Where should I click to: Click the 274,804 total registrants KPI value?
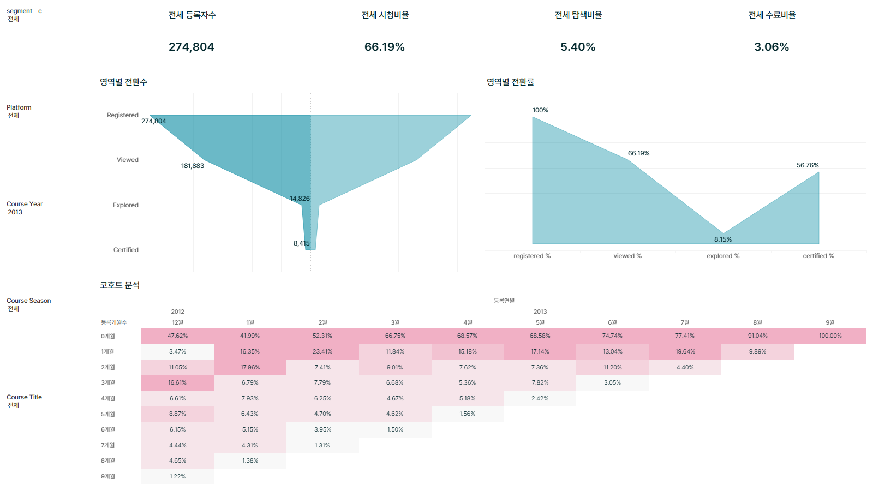[x=191, y=47]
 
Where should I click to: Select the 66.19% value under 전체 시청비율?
[x=384, y=47]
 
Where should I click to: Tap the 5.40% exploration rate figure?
[x=578, y=47]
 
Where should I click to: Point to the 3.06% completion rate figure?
[x=772, y=47]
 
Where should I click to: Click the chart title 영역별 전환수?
[x=123, y=82]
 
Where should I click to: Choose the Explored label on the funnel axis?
[x=125, y=205]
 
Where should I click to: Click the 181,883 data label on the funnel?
[x=193, y=166]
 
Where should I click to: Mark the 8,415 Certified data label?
[x=301, y=243]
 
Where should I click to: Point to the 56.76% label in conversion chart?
[x=808, y=165]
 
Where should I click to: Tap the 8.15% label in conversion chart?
[x=722, y=239]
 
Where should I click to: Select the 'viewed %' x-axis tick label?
[x=627, y=256]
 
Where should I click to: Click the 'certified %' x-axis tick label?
[x=818, y=256]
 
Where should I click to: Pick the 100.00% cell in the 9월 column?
[x=830, y=336]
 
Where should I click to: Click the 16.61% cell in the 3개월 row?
[x=177, y=382]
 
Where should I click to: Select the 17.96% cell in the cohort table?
[x=250, y=367]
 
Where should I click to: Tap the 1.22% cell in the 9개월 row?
[x=177, y=476]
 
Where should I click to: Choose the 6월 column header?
[x=612, y=322]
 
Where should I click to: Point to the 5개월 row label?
[x=108, y=414]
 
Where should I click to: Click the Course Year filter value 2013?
[x=15, y=212]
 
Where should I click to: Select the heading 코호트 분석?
[x=119, y=285]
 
